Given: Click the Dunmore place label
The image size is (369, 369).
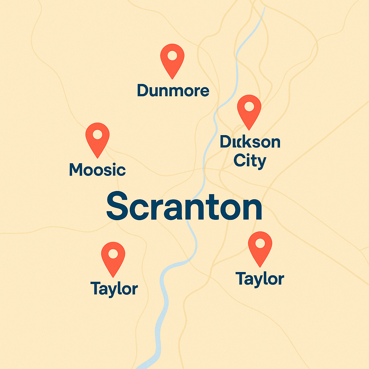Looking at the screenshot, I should tap(173, 91).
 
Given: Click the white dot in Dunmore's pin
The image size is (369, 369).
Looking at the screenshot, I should tap(172, 56).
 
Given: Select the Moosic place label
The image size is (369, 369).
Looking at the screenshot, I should tap(97, 170).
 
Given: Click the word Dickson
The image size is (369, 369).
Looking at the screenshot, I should tap(250, 142).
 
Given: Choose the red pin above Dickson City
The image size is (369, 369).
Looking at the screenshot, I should tap(249, 110).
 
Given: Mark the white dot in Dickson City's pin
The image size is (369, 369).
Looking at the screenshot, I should tap(249, 107).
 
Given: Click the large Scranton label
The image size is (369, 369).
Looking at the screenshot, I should tap(184, 206).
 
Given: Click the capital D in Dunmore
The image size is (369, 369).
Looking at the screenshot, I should tap(143, 91).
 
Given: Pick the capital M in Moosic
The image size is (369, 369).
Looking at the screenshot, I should tap(77, 170).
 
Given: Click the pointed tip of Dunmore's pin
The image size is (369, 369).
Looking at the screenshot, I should tap(172, 79).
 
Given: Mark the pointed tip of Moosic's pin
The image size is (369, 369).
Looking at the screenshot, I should tap(97, 157).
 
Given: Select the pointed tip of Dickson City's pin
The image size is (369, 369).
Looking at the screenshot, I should tap(249, 129).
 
